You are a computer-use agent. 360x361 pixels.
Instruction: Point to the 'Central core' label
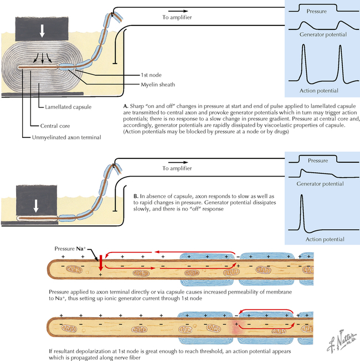[55, 125]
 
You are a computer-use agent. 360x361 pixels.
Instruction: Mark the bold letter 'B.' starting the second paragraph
[137, 196]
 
